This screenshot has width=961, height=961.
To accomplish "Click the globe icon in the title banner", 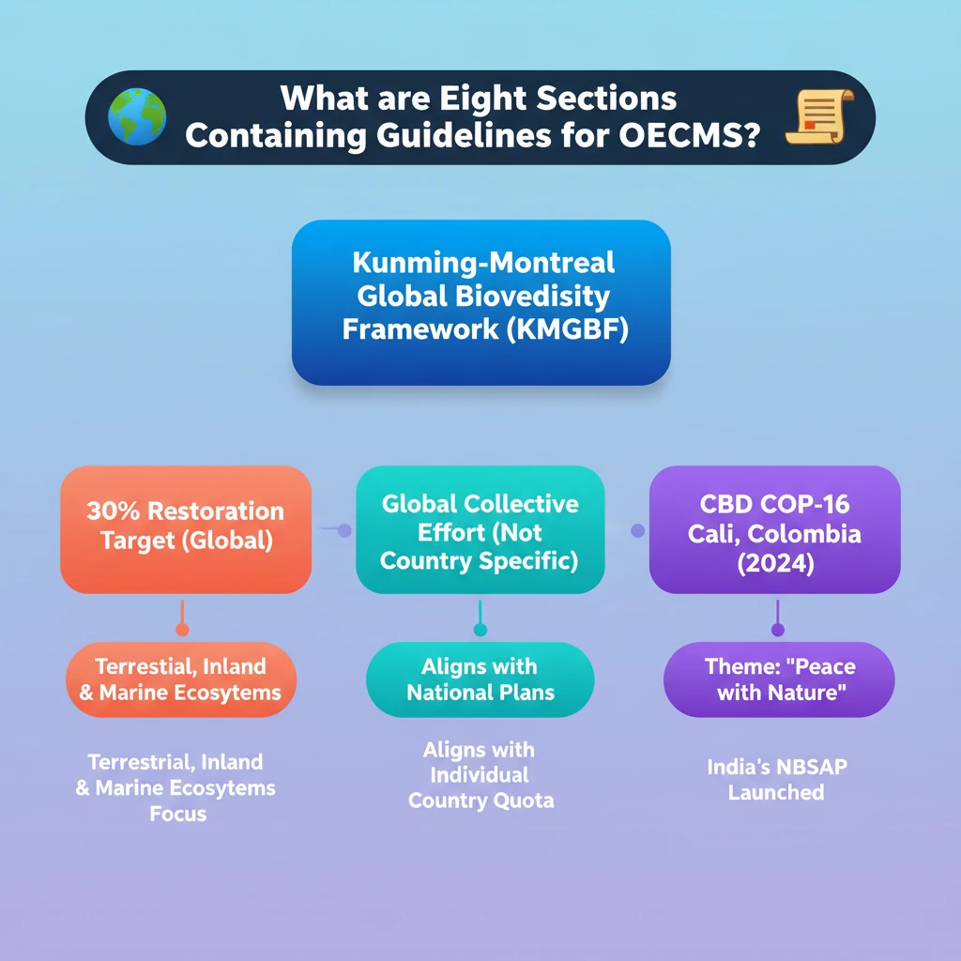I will tap(137, 117).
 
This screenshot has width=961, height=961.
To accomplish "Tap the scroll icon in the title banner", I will tap(819, 117).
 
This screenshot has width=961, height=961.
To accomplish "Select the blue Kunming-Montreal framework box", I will tap(480, 301).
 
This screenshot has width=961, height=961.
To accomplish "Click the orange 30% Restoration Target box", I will tap(185, 528).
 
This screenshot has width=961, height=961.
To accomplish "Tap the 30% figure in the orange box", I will tap(114, 511).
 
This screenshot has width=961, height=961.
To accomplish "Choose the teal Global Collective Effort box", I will tap(480, 530).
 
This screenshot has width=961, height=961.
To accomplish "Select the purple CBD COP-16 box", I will tap(774, 530).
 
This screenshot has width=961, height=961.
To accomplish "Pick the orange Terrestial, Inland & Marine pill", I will tap(180, 679).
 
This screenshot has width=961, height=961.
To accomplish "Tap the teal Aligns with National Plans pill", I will tap(480, 679).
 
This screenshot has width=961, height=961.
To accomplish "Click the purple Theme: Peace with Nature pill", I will tap(778, 679).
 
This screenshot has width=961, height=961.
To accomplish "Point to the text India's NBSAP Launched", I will tap(776, 780).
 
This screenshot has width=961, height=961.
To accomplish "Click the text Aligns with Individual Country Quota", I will tap(480, 775).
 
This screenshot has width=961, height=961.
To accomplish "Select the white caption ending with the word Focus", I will tap(176, 787).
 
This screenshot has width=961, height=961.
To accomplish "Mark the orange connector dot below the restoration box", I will tap(182, 630).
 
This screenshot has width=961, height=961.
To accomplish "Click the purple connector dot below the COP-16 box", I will tap(777, 630).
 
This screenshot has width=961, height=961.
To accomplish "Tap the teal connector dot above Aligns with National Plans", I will tap(480, 630).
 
